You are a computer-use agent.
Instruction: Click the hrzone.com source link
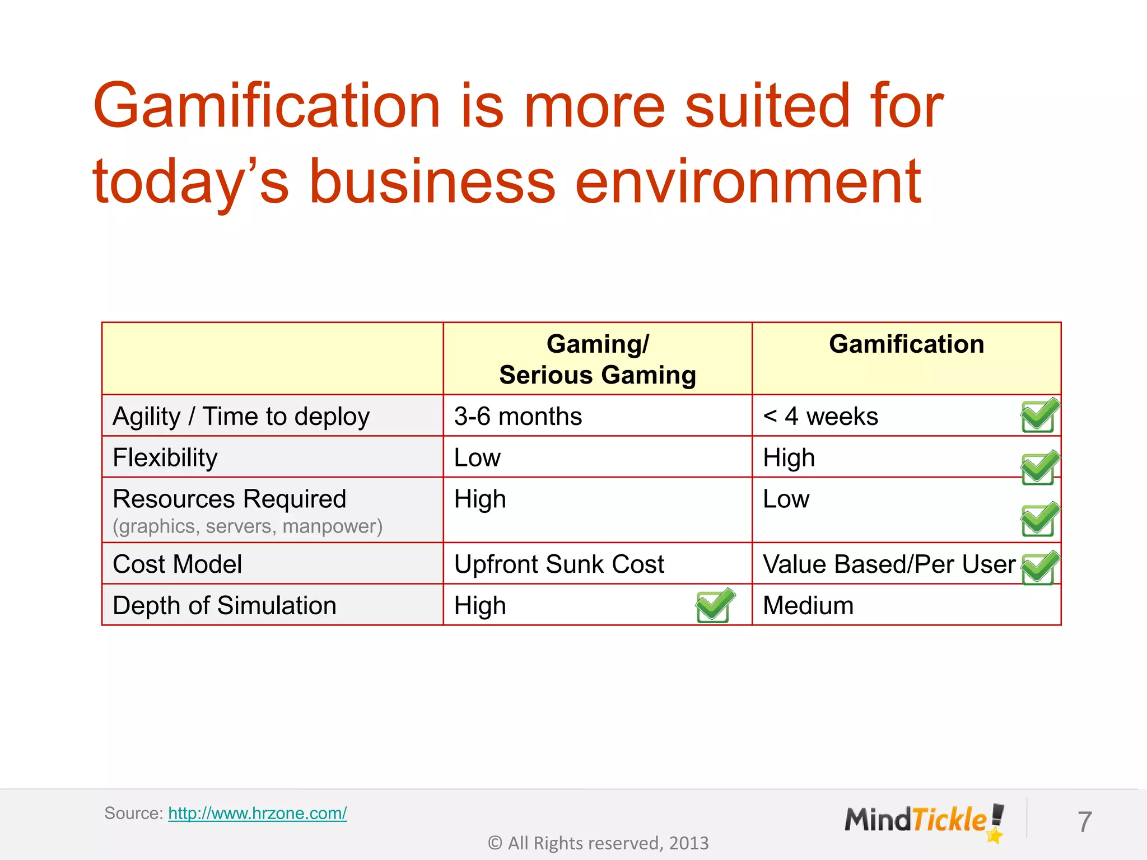[257, 813]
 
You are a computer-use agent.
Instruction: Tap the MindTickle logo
[924, 821]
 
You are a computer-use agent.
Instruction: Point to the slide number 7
[1084, 822]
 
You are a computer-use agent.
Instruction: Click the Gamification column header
[906, 344]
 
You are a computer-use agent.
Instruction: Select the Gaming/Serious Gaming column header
[597, 359]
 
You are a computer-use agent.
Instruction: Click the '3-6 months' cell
[518, 417]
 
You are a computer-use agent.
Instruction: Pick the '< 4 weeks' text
[820, 417]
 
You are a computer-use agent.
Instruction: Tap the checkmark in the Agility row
[1039, 415]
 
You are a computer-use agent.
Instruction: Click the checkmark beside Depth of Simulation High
[715, 605]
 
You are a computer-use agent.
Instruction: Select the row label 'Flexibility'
[165, 458]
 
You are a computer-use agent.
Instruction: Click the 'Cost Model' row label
[178, 564]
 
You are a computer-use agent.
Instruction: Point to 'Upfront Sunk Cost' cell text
[559, 564]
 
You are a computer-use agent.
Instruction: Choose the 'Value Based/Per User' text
[889, 564]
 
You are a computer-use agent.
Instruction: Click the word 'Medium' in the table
[808, 606]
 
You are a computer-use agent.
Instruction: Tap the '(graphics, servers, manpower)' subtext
[248, 526]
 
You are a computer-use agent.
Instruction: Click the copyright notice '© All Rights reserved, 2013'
[598, 843]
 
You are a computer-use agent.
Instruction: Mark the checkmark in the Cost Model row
[1039, 568]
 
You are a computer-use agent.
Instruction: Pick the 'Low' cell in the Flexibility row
[477, 458]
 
